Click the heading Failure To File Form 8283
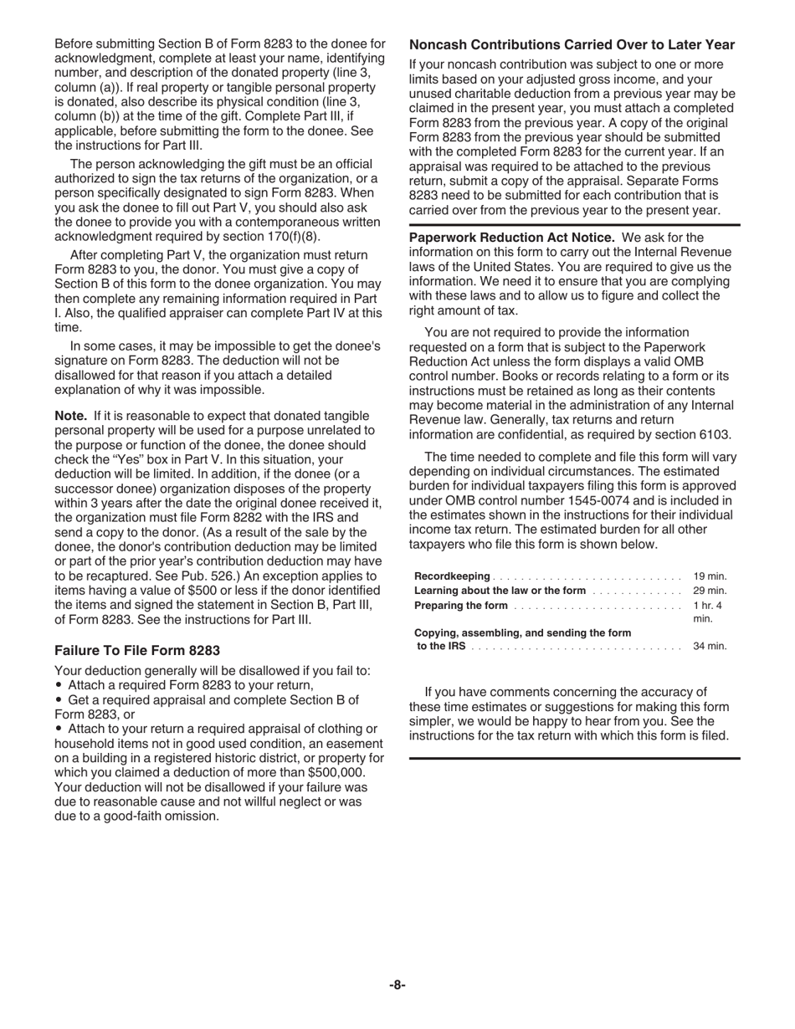(x=137, y=650)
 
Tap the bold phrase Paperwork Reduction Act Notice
(x=511, y=238)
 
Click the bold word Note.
(x=70, y=416)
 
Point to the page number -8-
(x=397, y=985)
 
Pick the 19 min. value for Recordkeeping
(x=710, y=576)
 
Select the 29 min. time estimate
(x=710, y=591)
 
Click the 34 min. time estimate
(x=710, y=646)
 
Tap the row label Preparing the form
(x=461, y=606)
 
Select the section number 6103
(x=714, y=434)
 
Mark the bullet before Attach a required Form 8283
(x=59, y=685)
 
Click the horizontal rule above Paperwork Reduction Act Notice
(x=574, y=225)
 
